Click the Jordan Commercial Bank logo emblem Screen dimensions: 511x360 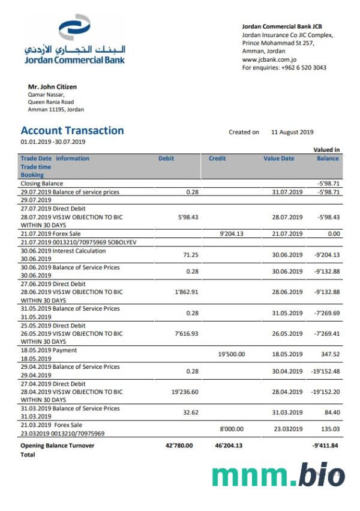click(x=74, y=29)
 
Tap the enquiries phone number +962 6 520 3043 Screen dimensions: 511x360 click(x=304, y=68)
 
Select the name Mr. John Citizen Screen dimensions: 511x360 click(x=52, y=87)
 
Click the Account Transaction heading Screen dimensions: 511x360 click(x=72, y=131)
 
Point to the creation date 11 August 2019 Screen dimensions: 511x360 click(x=292, y=132)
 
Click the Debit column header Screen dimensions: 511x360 click(x=166, y=158)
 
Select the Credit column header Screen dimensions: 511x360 click(x=217, y=158)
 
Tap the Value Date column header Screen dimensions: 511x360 click(x=279, y=158)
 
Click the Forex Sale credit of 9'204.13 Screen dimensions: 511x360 click(x=232, y=233)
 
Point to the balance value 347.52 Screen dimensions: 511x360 click(x=330, y=354)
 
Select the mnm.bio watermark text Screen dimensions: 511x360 click(x=278, y=475)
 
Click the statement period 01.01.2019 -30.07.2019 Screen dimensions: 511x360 click(x=53, y=142)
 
